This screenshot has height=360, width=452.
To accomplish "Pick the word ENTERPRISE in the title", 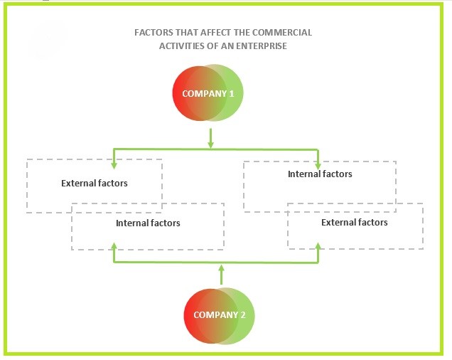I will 264,46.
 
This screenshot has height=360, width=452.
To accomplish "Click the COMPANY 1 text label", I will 208,93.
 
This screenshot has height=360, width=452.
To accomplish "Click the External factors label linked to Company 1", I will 95,184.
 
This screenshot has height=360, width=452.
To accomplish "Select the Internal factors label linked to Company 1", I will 320,174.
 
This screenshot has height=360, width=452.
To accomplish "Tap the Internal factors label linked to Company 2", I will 148,223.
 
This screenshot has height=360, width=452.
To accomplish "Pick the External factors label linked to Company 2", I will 355,223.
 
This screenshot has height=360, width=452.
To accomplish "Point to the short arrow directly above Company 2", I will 221,275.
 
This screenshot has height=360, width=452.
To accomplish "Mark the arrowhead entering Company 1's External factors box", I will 114,156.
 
